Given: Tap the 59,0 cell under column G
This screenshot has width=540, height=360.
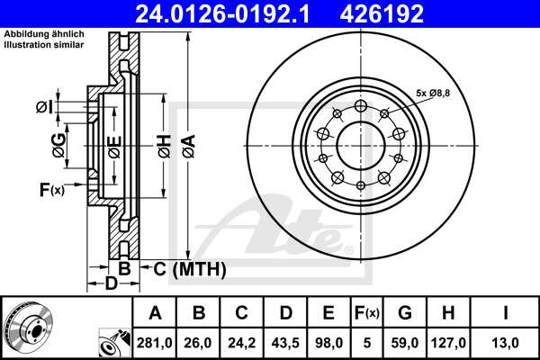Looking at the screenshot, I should [x=405, y=341].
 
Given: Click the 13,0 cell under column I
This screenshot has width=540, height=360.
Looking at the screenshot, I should [x=506, y=341].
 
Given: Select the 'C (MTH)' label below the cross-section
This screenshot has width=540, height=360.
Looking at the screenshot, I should [x=184, y=269].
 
